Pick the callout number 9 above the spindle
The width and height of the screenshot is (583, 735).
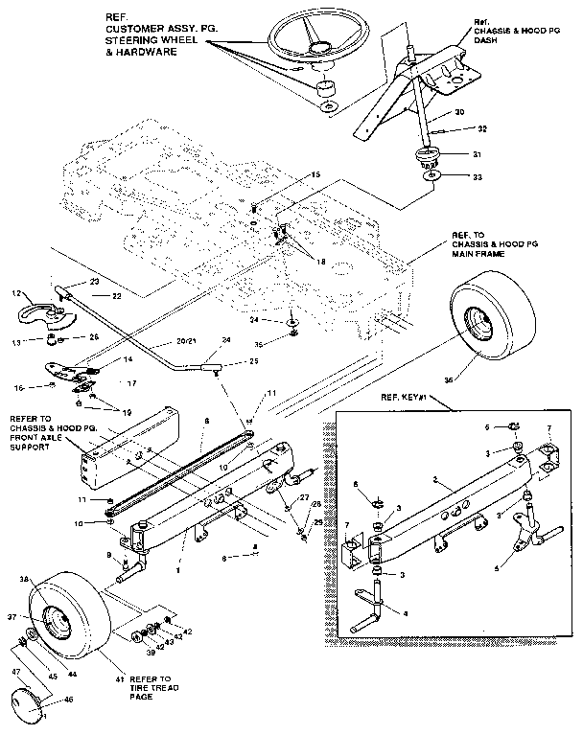click(x=110, y=556)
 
